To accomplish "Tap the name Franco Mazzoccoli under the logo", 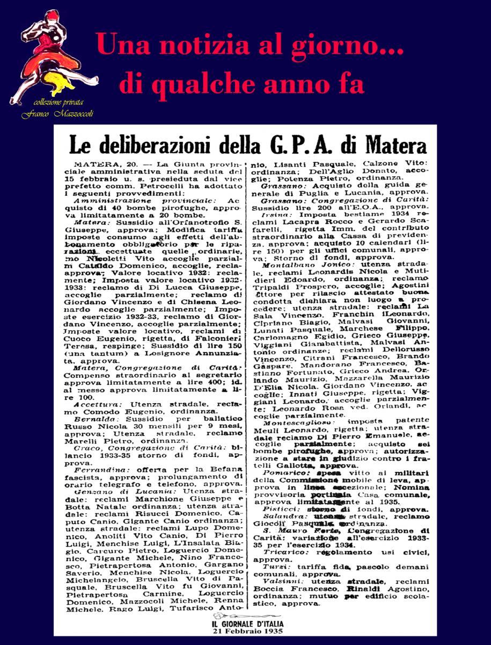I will (52, 114).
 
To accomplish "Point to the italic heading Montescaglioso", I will (295, 423).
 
